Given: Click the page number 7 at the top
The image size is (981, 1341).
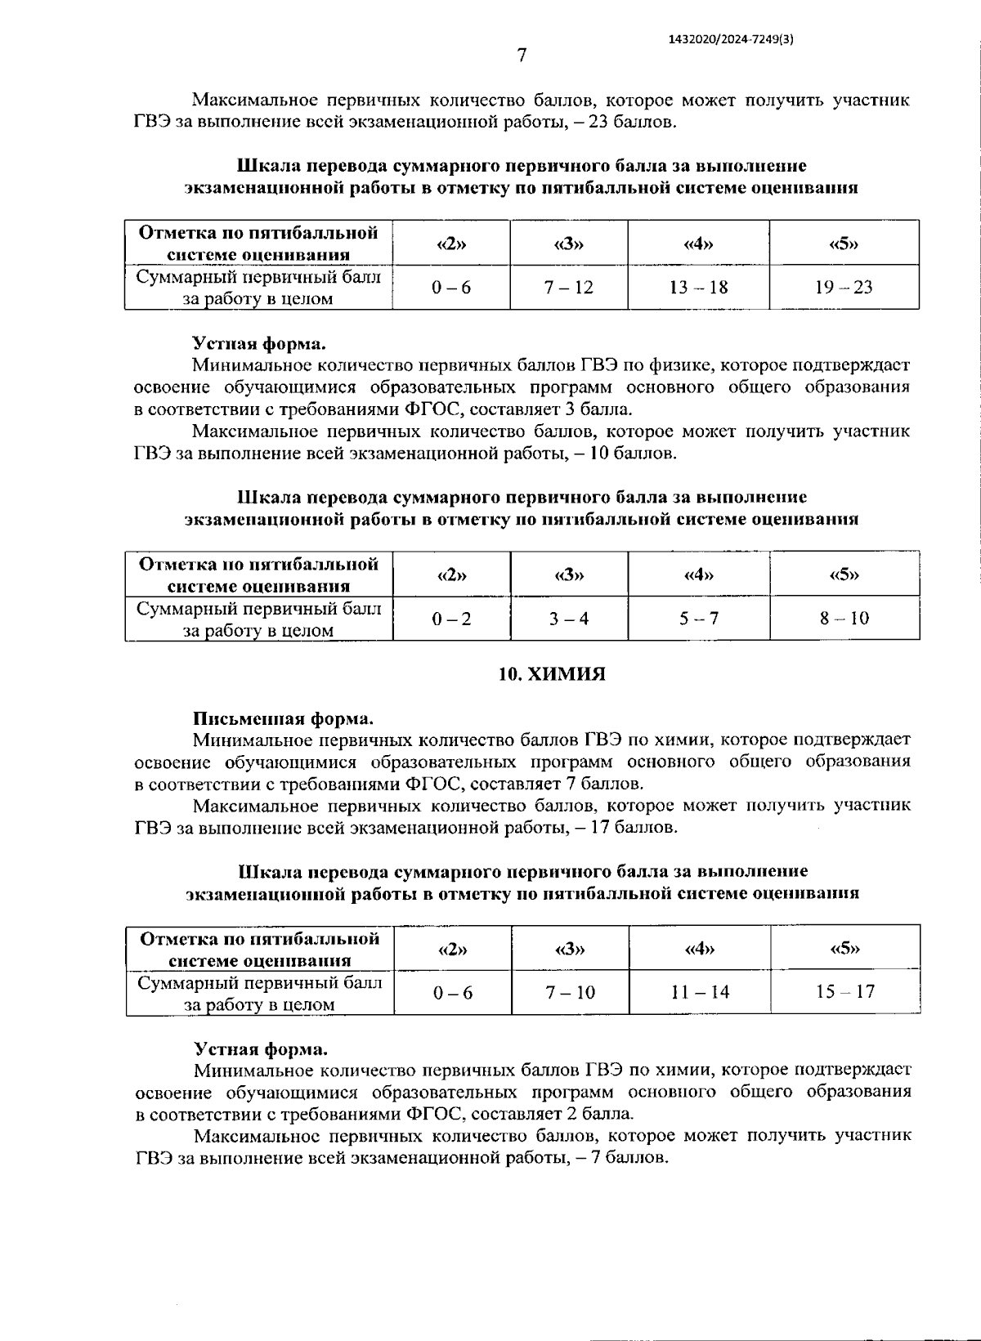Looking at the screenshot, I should pyautogui.click(x=522, y=56).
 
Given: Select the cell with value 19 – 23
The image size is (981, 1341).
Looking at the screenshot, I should pyautogui.click(x=844, y=287).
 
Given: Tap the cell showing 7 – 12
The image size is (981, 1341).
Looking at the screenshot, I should pyautogui.click(x=569, y=287).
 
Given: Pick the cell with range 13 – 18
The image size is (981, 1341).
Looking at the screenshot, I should pyautogui.click(x=698, y=287).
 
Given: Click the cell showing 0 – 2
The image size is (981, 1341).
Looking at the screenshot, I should pyautogui.click(x=451, y=619).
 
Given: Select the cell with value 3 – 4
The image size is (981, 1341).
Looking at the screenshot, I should pyautogui.click(x=569, y=619).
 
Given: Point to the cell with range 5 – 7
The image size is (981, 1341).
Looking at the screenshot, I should pyautogui.click(x=698, y=619).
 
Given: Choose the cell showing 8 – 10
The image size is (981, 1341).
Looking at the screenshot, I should pyautogui.click(x=844, y=619).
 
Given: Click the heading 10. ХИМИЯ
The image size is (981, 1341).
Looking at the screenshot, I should pyautogui.click(x=553, y=674).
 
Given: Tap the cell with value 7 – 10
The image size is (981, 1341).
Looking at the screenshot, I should pyautogui.click(x=570, y=992).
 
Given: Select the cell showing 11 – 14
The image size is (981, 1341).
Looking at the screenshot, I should pyautogui.click(x=700, y=992).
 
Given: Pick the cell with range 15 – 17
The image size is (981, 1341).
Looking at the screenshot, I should pyautogui.click(x=845, y=992).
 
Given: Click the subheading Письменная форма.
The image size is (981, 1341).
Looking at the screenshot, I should pyautogui.click(x=283, y=719).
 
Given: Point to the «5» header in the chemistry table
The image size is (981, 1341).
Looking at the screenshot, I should pyautogui.click(x=845, y=948).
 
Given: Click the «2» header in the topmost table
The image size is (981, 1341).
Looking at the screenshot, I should pyautogui.click(x=451, y=243).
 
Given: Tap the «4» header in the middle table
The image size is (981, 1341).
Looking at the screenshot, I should pyautogui.click(x=698, y=574).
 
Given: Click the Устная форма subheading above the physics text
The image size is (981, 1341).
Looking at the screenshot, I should pyautogui.click(x=259, y=344).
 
